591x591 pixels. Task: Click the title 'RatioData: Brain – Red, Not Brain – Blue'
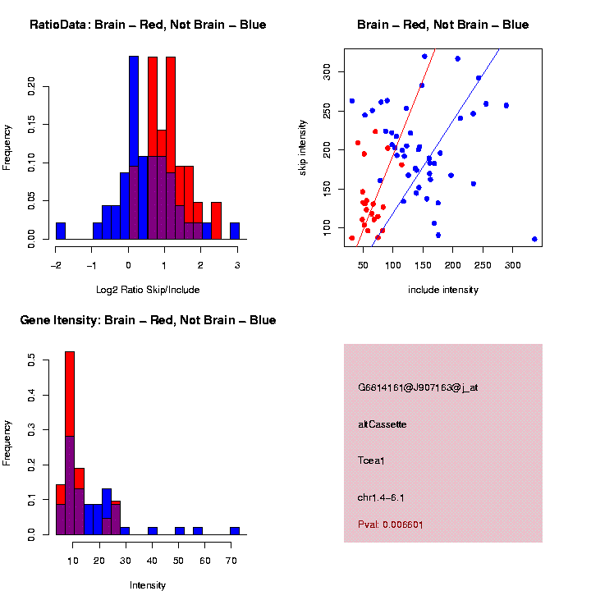[148, 25]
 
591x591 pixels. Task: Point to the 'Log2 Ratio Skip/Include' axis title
[147, 289]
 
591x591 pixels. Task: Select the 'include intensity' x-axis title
[443, 289]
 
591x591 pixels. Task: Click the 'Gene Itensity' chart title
[148, 320]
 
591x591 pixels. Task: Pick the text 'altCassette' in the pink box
[383, 424]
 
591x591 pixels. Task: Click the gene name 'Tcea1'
[371, 460]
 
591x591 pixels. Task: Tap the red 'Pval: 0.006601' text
[391, 524]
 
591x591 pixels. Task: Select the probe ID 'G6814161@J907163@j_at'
[418, 387]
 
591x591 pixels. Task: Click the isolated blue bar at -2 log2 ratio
[60, 231]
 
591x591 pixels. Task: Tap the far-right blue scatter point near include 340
[534, 239]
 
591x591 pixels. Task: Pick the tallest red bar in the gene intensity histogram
[70, 394]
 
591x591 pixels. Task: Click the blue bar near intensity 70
[235, 530]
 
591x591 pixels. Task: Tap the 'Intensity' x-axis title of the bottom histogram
[148, 585]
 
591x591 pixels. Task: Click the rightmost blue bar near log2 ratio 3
[235, 231]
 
